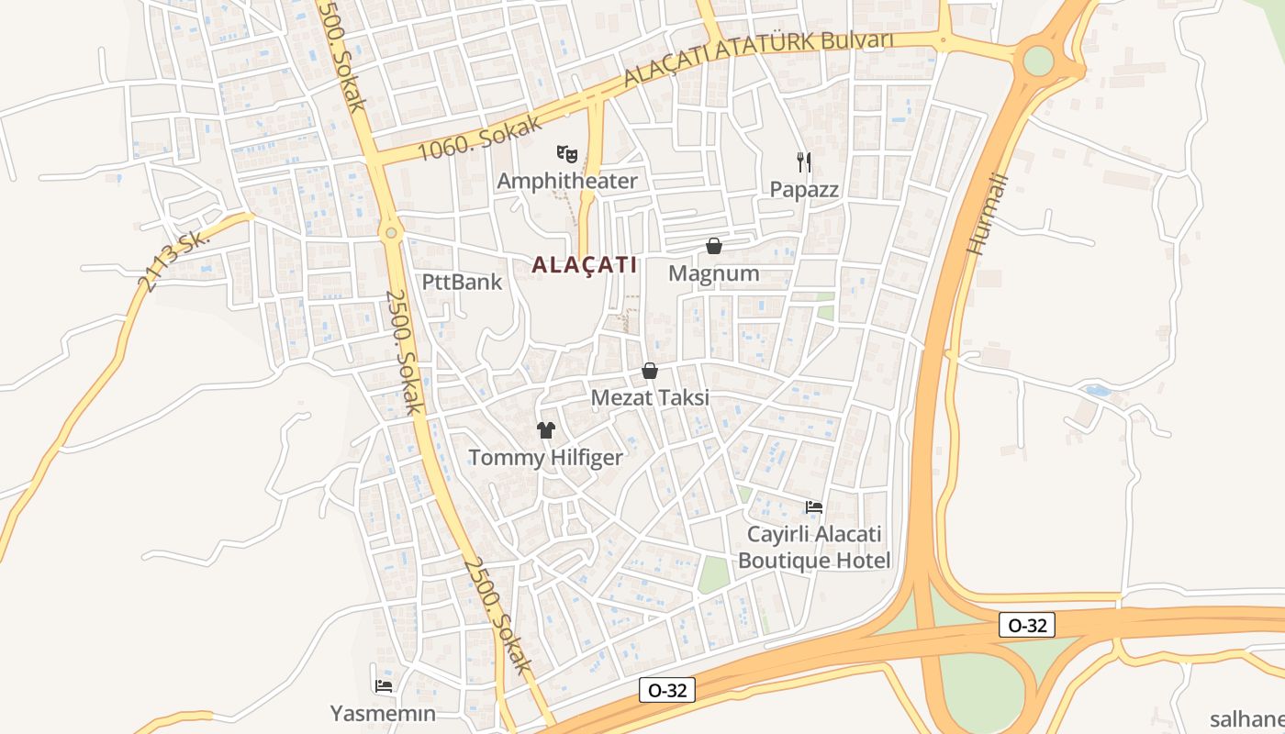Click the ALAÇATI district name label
click(584, 265)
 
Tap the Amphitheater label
click(566, 181)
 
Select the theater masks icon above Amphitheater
click(566, 153)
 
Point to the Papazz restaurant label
click(804, 190)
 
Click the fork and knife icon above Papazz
click(804, 162)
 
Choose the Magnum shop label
click(713, 273)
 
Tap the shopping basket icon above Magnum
click(713, 246)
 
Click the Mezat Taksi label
click(650, 398)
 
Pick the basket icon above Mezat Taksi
click(650, 371)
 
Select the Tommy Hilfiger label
click(545, 458)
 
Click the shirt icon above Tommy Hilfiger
click(546, 430)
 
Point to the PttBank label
click(463, 282)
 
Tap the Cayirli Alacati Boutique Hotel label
click(814, 547)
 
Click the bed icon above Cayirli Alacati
click(813, 507)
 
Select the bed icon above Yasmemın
click(383, 685)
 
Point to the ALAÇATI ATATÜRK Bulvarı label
click(758, 58)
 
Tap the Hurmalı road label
click(988, 215)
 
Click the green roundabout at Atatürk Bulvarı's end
click(1038, 61)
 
